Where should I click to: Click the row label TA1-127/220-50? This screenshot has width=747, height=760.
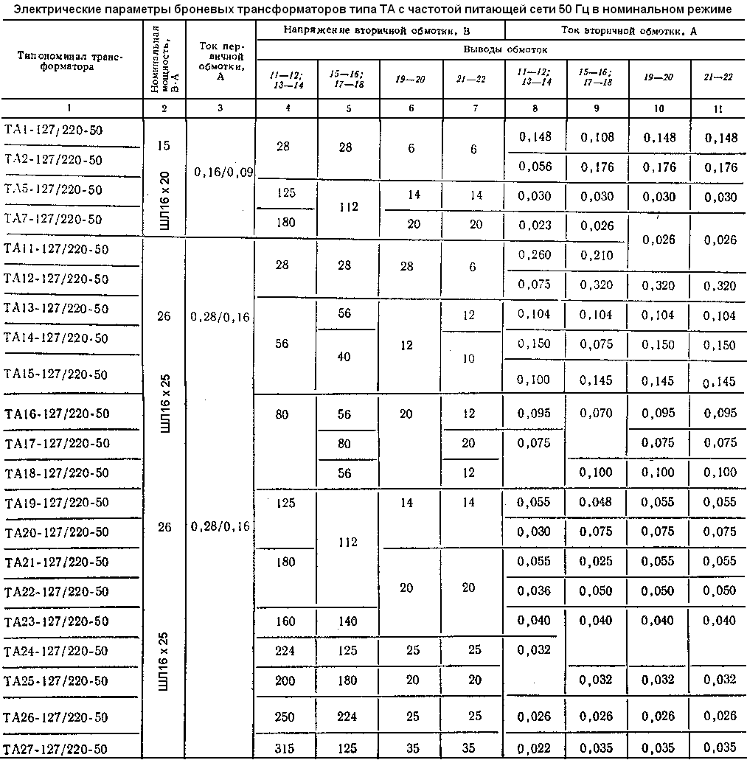(x=54, y=130)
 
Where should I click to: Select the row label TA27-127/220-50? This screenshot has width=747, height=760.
(x=57, y=748)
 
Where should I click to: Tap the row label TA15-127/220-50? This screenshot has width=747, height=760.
(x=57, y=374)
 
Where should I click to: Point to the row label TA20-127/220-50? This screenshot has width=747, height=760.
(x=57, y=532)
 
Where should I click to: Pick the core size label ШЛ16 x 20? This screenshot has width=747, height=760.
(x=164, y=199)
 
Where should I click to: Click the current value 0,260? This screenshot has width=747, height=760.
(x=535, y=254)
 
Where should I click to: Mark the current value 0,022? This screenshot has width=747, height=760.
(x=535, y=748)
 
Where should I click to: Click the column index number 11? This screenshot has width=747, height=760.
(x=718, y=108)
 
